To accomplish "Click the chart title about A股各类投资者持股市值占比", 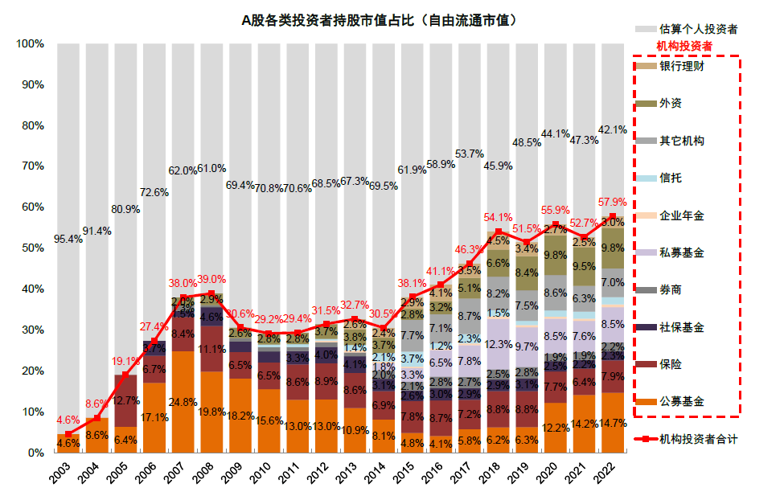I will click(379, 20).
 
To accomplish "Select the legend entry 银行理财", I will click(682, 66).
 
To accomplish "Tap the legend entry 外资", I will click(671, 103).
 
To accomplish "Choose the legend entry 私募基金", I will click(682, 252).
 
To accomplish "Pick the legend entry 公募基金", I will click(682, 401).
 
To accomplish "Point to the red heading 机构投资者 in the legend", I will click(684, 46).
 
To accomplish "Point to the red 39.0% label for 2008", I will click(212, 279).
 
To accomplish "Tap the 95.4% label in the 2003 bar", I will click(68, 239).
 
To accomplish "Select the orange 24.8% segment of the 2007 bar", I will click(183, 402).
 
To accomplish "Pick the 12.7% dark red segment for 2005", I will click(125, 400).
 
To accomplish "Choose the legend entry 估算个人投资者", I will click(697, 29).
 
